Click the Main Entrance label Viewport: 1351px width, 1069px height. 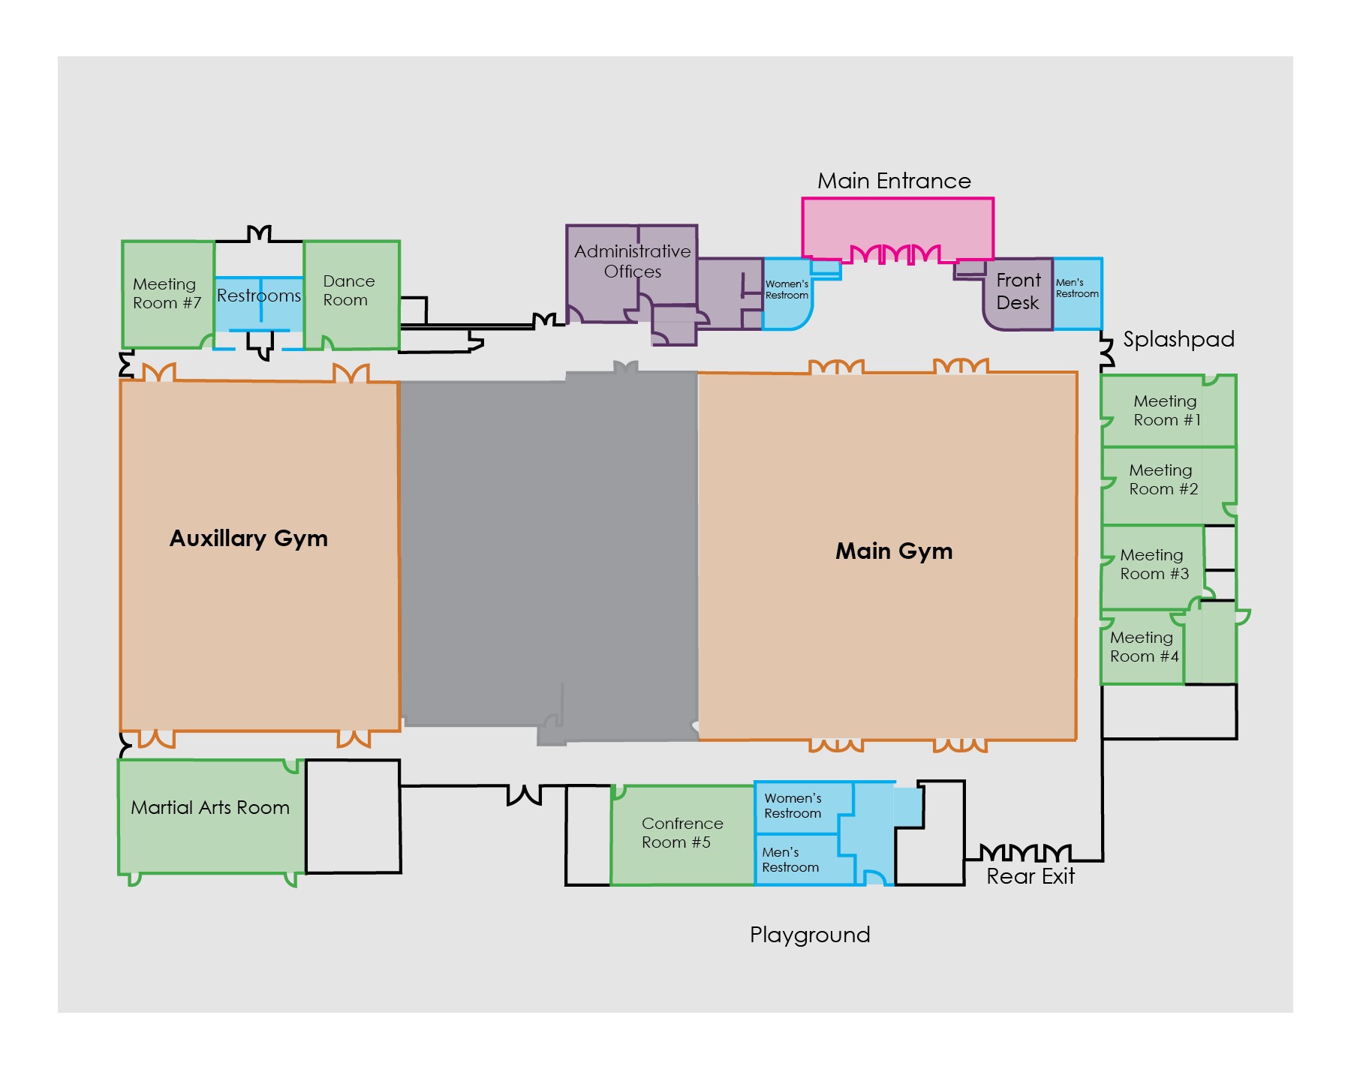(x=894, y=181)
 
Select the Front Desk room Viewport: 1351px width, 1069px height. (x=1018, y=293)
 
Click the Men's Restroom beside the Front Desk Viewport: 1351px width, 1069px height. (x=1077, y=293)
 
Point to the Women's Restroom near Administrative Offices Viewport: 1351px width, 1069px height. (x=786, y=293)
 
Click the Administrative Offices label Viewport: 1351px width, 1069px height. (x=632, y=261)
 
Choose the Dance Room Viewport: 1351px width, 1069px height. (x=350, y=293)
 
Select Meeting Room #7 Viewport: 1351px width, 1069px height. (x=167, y=293)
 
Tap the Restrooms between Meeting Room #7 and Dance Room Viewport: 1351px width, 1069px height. (x=259, y=296)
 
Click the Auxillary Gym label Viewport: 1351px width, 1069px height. (x=248, y=539)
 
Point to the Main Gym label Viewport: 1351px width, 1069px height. (x=894, y=551)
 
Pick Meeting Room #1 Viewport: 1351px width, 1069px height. (x=1166, y=410)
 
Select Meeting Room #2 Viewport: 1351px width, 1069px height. (x=1163, y=480)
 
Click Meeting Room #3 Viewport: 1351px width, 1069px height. (x=1154, y=565)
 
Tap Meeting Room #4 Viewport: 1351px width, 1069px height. (x=1143, y=647)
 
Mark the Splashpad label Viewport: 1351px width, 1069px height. (x=1178, y=339)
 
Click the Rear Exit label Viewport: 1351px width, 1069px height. (x=1030, y=876)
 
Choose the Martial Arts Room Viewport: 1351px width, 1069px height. (x=210, y=808)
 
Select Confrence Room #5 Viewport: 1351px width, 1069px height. (x=681, y=833)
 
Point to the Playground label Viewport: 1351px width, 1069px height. (x=810, y=935)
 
